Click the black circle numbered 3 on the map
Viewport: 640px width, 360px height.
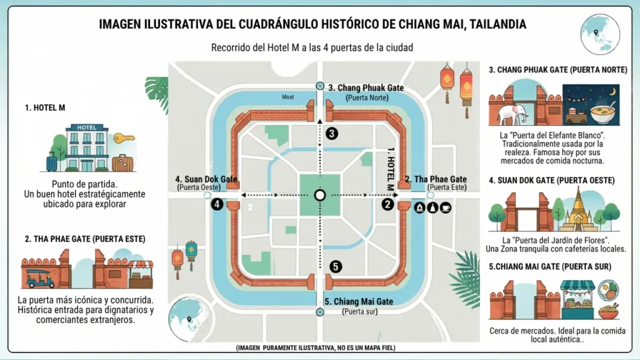point(332,133)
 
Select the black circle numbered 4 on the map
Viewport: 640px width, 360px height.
point(217,204)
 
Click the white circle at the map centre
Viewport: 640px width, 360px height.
point(320,196)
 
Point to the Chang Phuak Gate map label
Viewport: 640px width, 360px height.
point(366,88)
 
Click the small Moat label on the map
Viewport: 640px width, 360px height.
point(287,97)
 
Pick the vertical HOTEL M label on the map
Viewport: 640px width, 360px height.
point(392,169)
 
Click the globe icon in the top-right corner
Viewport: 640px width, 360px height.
point(599,34)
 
